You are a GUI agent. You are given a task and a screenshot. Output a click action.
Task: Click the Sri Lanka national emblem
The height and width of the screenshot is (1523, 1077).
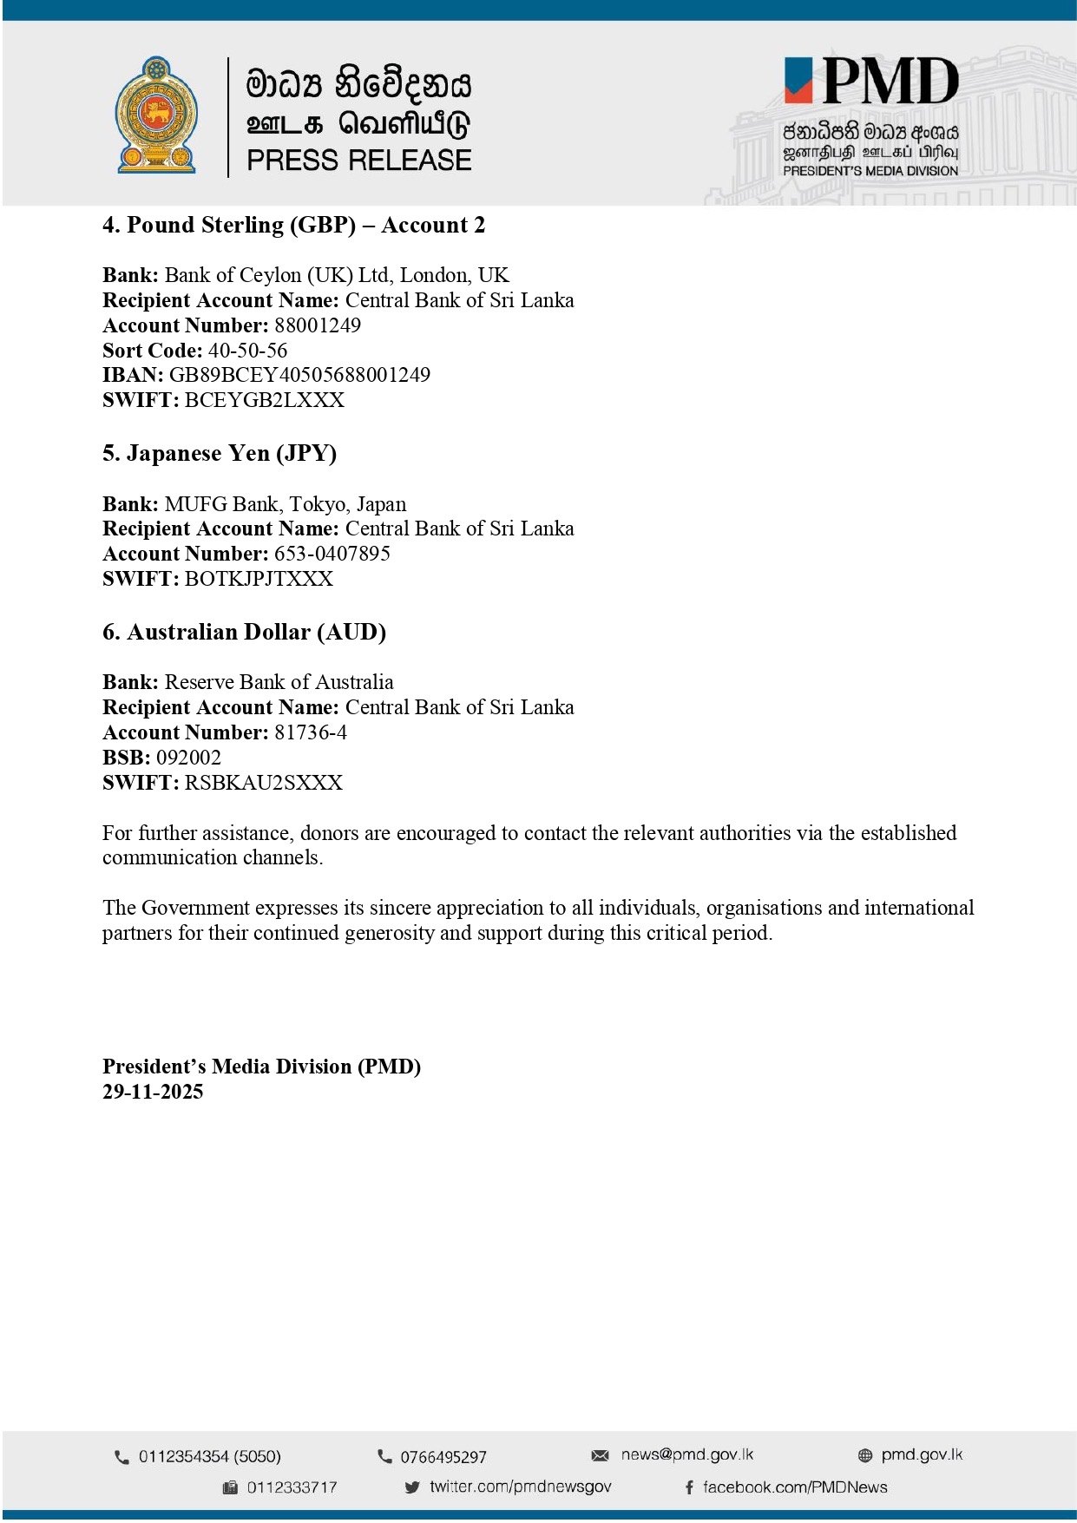click(x=157, y=115)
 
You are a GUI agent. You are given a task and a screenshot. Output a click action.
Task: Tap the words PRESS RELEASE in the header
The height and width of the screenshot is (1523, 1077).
click(x=358, y=161)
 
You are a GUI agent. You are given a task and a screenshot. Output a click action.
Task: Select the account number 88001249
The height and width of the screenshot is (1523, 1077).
click(x=318, y=325)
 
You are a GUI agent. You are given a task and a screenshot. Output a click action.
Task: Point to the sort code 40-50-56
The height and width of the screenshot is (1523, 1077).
click(x=247, y=351)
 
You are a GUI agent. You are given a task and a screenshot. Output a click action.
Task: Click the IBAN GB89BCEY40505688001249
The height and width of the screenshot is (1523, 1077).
click(x=299, y=375)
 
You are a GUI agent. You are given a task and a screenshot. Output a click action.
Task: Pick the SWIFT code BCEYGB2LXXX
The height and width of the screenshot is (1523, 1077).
click(x=265, y=400)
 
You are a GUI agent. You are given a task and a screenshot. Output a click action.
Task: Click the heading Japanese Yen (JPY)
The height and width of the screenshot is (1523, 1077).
click(x=220, y=454)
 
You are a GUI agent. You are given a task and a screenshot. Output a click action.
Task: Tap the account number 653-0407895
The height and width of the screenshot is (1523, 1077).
click(x=332, y=554)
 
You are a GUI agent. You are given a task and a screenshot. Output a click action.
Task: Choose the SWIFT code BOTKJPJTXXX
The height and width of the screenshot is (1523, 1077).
click(x=259, y=579)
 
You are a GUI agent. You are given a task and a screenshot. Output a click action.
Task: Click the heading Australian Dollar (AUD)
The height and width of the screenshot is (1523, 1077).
click(x=244, y=632)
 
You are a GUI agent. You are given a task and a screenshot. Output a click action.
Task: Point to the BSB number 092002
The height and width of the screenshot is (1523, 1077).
click(x=188, y=758)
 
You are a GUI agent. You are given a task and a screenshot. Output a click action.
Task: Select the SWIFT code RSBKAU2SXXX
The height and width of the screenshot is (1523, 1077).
click(x=264, y=783)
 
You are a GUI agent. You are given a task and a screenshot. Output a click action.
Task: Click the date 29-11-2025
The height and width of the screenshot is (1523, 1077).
click(x=153, y=1092)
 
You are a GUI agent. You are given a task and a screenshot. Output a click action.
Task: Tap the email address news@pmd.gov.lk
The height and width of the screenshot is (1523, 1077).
click(x=686, y=1454)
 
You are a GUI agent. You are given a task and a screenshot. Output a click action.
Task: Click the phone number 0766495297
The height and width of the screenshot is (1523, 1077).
click(x=443, y=1457)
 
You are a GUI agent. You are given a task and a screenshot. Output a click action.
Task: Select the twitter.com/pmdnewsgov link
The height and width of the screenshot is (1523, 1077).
click(x=520, y=1487)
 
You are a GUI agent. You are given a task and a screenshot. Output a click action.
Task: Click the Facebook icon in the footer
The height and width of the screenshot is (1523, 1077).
click(x=689, y=1487)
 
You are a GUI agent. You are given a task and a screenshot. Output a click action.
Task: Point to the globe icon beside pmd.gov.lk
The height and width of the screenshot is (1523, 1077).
click(x=864, y=1455)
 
